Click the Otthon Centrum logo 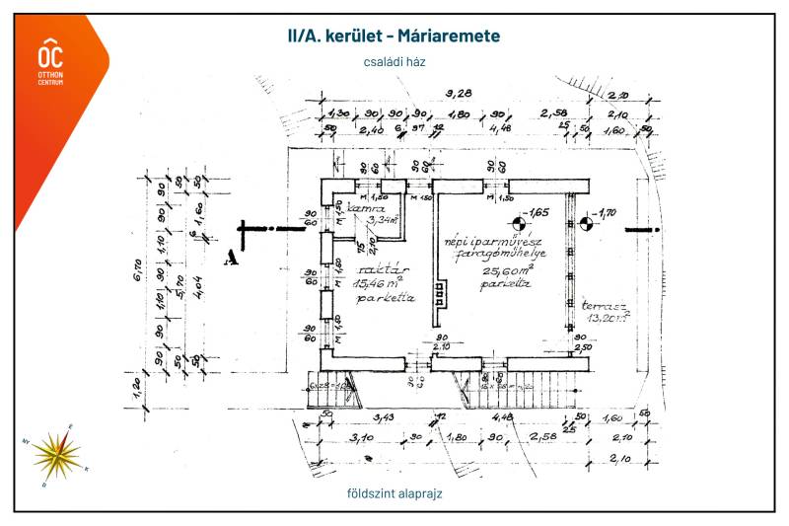[50, 62]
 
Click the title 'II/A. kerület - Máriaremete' [394, 37]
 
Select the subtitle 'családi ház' [394, 61]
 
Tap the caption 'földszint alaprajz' [393, 492]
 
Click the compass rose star [56, 454]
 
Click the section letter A [232, 258]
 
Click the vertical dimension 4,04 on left [200, 289]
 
